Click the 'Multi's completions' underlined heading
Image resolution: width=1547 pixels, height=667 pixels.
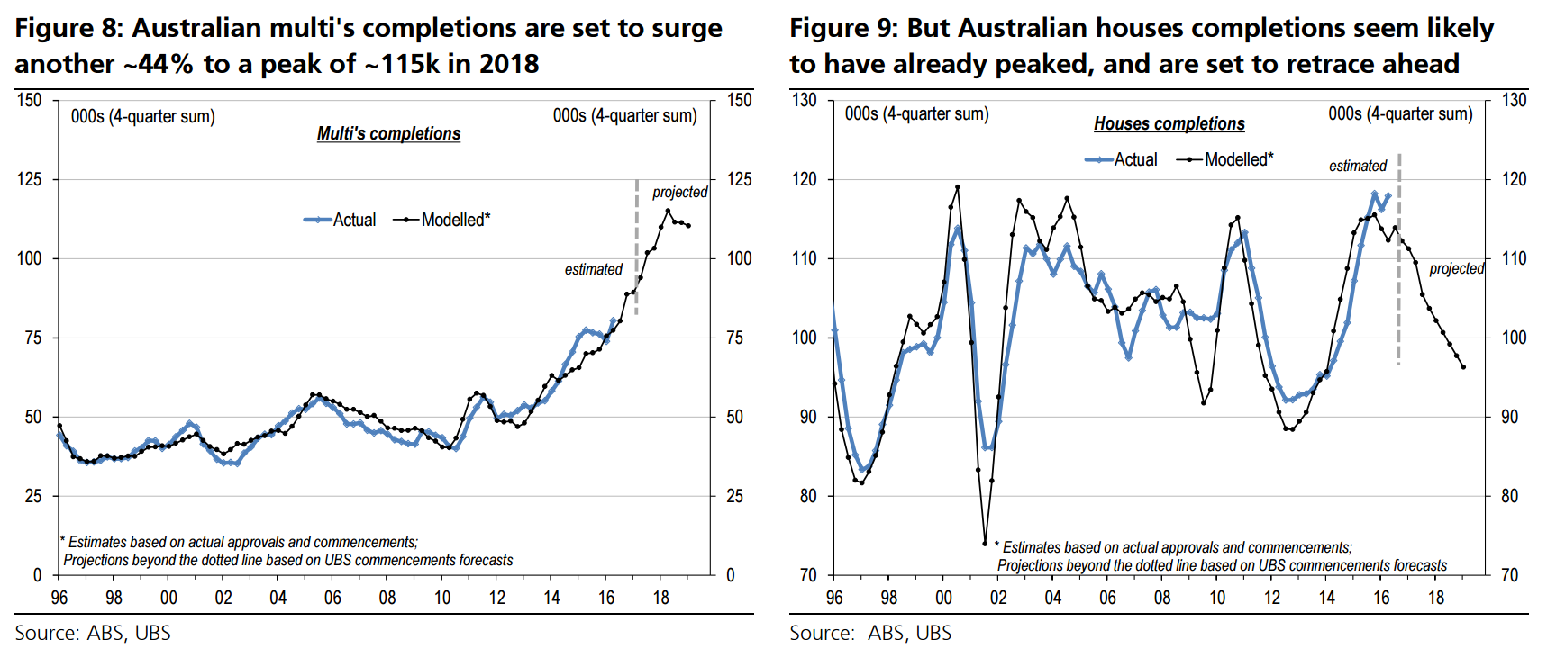[388, 133]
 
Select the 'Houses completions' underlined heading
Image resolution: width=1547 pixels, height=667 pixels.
[1169, 123]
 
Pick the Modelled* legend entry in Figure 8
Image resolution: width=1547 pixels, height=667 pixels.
[442, 220]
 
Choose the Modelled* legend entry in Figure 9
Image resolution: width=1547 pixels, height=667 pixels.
[1226, 159]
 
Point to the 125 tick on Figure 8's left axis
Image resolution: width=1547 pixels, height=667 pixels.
[30, 179]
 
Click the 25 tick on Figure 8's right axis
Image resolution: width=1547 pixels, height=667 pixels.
[734, 496]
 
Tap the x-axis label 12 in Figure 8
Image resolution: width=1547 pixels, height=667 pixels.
[496, 598]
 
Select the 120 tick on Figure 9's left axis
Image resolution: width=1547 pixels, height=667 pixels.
[805, 179]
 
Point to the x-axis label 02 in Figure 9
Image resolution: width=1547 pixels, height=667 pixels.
[998, 598]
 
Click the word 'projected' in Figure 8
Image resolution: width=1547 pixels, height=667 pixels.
[679, 192]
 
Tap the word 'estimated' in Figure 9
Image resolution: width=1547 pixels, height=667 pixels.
[1357, 166]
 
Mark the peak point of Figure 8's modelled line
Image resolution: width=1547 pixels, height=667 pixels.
[668, 212]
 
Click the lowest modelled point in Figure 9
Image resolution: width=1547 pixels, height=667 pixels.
[985, 544]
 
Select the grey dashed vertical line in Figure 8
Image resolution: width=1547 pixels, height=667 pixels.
[636, 248]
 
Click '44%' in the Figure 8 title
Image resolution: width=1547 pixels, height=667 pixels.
[166, 64]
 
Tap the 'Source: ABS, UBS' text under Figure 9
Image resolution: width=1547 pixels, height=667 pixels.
[869, 633]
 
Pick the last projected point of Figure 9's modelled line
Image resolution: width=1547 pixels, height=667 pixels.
[1463, 366]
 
